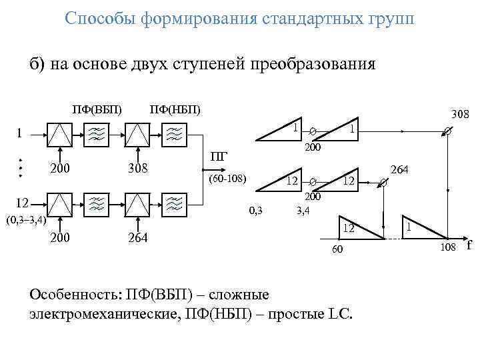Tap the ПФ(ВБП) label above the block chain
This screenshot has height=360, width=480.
point(97,109)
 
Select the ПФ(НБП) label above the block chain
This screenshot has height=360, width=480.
point(175,109)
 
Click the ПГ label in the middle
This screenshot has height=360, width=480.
point(219,158)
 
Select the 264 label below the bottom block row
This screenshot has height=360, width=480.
point(139,238)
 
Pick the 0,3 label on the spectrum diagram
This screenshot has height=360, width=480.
point(255,212)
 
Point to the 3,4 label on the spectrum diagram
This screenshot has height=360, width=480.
point(303,212)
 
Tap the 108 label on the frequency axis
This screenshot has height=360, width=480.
point(448,248)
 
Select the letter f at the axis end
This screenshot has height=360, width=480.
point(469,245)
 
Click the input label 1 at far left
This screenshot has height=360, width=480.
point(20,132)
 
